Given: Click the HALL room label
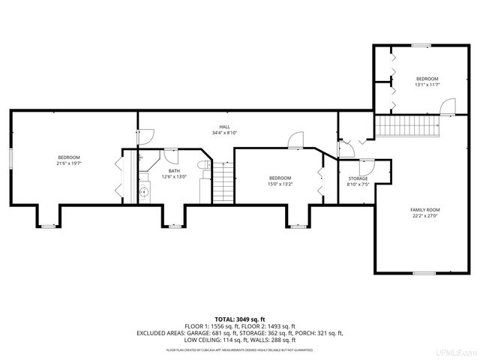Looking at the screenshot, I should pyautogui.click(x=224, y=127).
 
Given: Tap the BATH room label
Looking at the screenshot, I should pyautogui.click(x=174, y=171).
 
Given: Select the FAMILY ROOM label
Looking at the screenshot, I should pyautogui.click(x=424, y=209).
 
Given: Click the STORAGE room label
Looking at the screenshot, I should pyautogui.click(x=358, y=178).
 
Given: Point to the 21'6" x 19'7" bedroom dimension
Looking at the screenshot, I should pyautogui.click(x=68, y=163).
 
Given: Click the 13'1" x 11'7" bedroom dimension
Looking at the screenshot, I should pyautogui.click(x=427, y=85).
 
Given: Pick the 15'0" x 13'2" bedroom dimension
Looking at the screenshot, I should pyautogui.click(x=280, y=184).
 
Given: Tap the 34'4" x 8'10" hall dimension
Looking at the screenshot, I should pyautogui.click(x=224, y=133).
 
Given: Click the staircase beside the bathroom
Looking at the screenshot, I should pyautogui.click(x=223, y=184).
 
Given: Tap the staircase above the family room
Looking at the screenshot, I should pyautogui.click(x=406, y=126).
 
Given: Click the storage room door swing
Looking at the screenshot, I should pyautogui.click(x=367, y=166).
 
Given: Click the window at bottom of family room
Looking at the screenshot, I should pyautogui.click(x=424, y=274).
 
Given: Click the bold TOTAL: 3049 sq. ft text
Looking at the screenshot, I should pyautogui.click(x=239, y=319).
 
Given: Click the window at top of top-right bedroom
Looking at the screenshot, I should pyautogui.click(x=420, y=46).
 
